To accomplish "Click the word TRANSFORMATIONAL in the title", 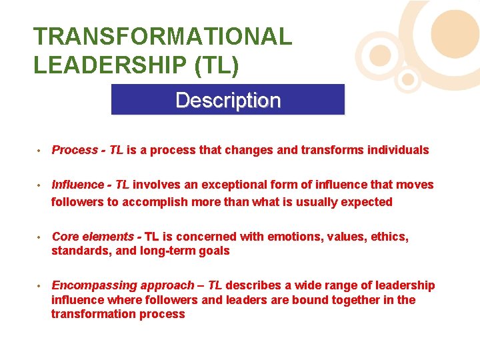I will point(163,37).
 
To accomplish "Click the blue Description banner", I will point(227,100).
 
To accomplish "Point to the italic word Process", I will point(75,150).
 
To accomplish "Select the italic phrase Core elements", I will point(93,236).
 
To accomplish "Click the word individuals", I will point(398,150).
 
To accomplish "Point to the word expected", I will point(367,201).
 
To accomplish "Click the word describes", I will point(253,285).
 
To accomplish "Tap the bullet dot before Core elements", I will point(40,237).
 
